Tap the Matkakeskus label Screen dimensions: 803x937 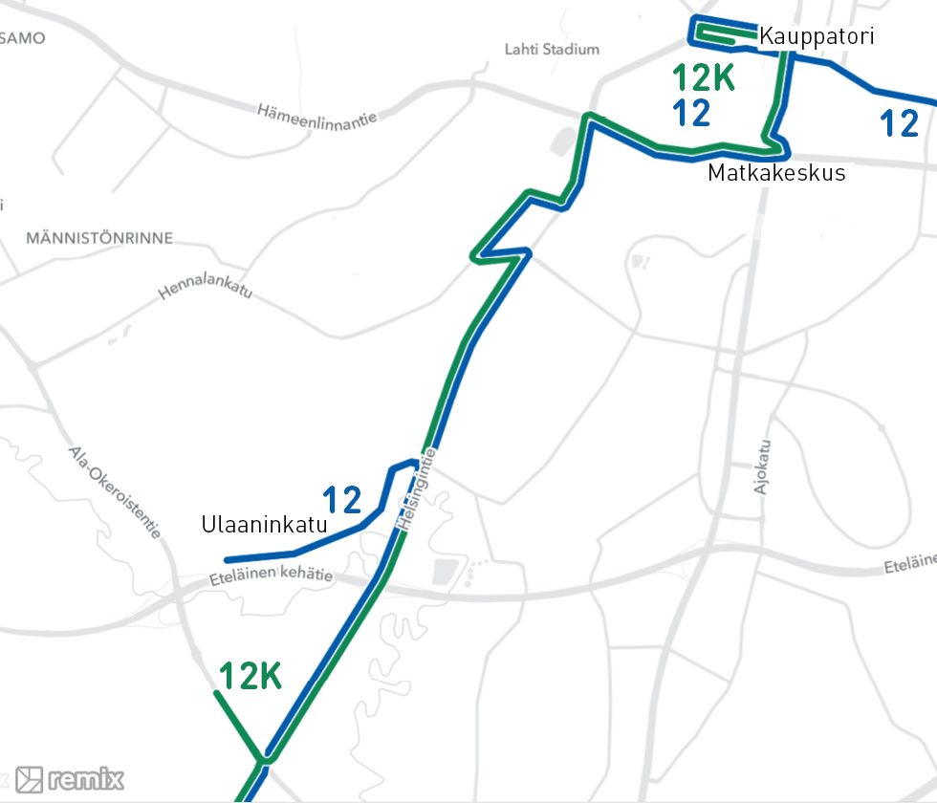776,173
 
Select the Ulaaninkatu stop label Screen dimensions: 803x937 265,525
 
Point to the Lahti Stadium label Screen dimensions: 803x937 552,49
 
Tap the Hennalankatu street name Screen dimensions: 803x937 206,288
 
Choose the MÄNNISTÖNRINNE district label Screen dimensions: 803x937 100,238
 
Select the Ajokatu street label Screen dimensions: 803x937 762,467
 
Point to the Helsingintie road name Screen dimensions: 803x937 417,489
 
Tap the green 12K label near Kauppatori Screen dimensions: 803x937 703,78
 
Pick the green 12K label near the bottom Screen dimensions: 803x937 251,677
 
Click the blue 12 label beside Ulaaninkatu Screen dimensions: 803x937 341,500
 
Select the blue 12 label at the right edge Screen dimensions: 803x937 899,123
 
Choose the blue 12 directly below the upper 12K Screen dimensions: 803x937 691,113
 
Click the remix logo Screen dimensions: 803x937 70,779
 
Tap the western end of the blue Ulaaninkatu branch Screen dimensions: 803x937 227,560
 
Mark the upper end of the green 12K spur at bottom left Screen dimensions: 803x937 215,692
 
